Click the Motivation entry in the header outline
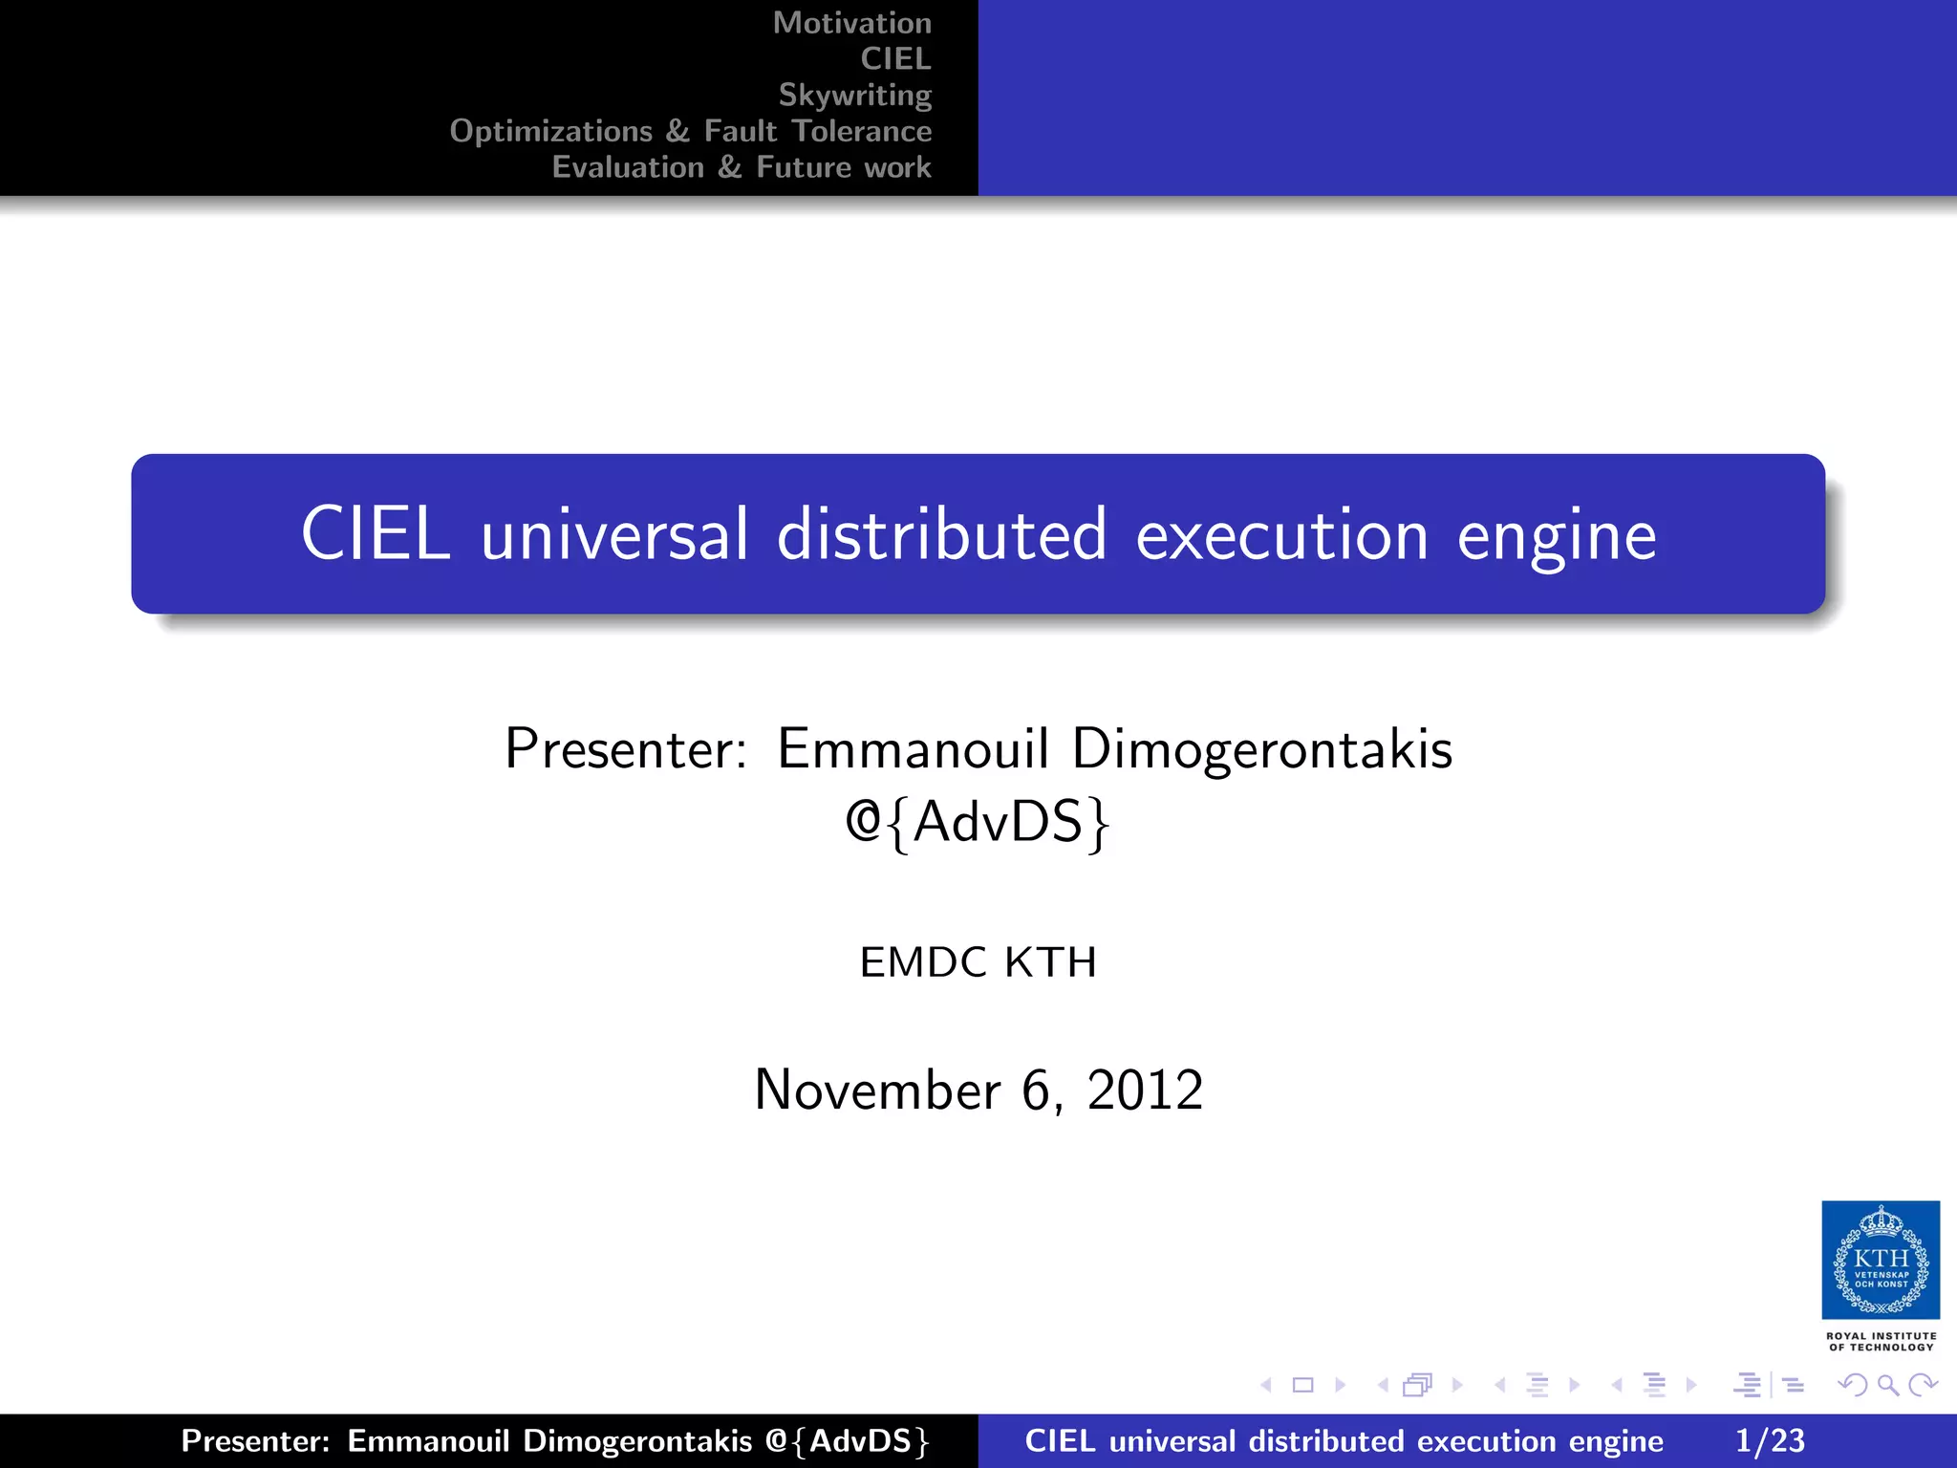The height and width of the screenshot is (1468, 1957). pyautogui.click(x=851, y=23)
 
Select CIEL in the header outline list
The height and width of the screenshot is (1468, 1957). pyautogui.click(x=895, y=59)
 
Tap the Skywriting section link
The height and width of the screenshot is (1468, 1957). pyautogui.click(x=854, y=95)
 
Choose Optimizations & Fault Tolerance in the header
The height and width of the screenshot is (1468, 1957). pyautogui.click(x=690, y=131)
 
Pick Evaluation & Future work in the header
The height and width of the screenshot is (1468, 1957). pyautogui.click(x=742, y=167)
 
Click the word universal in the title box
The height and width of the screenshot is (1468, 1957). pyautogui.click(x=614, y=534)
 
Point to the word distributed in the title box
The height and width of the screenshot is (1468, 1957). pyautogui.click(x=941, y=534)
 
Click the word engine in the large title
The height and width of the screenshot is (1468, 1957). pyautogui.click(x=1557, y=536)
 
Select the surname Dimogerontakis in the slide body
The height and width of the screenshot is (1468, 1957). pyautogui.click(x=1261, y=748)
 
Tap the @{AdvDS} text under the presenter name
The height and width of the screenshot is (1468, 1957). pyautogui.click(x=978, y=822)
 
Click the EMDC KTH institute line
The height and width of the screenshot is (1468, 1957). pyautogui.click(x=978, y=962)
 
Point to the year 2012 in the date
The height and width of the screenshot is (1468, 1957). pyautogui.click(x=1145, y=1090)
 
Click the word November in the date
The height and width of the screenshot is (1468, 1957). pyautogui.click(x=877, y=1090)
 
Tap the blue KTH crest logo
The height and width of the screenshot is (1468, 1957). pyautogui.click(x=1881, y=1260)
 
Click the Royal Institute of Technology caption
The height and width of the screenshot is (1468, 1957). pyautogui.click(x=1881, y=1342)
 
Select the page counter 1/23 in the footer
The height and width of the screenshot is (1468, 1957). pyautogui.click(x=1770, y=1441)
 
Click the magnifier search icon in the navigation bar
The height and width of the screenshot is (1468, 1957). pyautogui.click(x=1887, y=1385)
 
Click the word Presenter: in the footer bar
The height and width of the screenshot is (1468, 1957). pyautogui.click(x=255, y=1441)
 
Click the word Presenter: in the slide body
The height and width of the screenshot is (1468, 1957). pyautogui.click(x=626, y=748)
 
